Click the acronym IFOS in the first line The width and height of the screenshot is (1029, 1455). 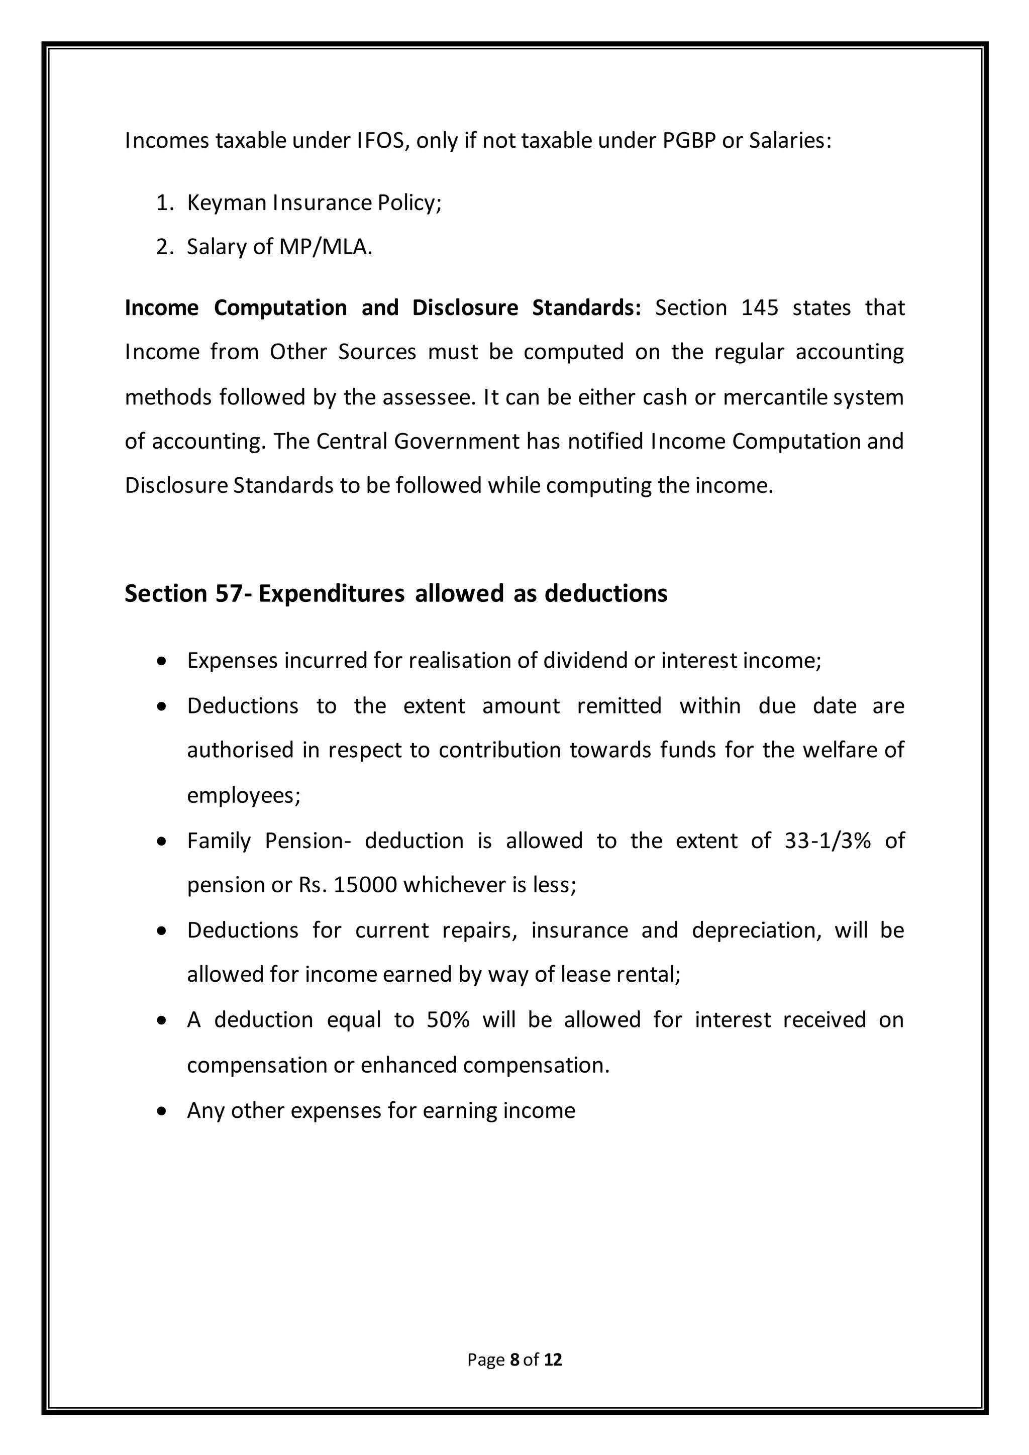coord(378,141)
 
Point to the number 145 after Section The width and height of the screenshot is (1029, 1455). coord(760,308)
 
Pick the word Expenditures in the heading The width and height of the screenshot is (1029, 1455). coord(332,594)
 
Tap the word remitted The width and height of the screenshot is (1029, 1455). coord(619,706)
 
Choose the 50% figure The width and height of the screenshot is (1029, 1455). coord(448,1019)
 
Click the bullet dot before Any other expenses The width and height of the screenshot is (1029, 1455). coord(163,1111)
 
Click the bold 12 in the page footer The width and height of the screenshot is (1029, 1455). coord(553,1360)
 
